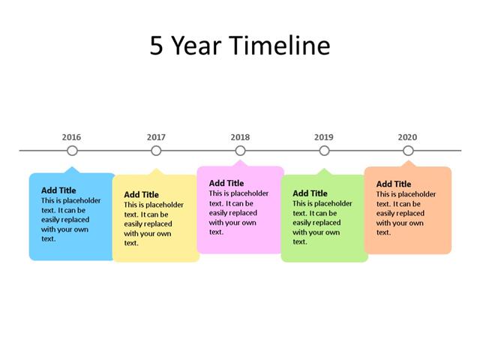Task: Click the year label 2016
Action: [72, 137]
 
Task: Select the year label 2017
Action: [156, 137]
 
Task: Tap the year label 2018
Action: [240, 137]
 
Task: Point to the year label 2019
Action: [324, 137]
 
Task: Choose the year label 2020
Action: [408, 137]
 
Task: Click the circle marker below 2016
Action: [72, 151]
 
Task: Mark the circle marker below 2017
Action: [156, 151]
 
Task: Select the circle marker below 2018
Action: [240, 151]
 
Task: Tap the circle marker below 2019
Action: [324, 151]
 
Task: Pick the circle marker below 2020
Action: [408, 151]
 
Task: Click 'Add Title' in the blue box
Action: [58, 190]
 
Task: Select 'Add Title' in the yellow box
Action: [141, 194]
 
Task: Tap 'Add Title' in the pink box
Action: [226, 183]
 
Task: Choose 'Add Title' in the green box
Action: [310, 193]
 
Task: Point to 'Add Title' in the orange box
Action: [394, 184]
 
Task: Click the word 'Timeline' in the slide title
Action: [279, 46]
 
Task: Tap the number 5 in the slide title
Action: [157, 46]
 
